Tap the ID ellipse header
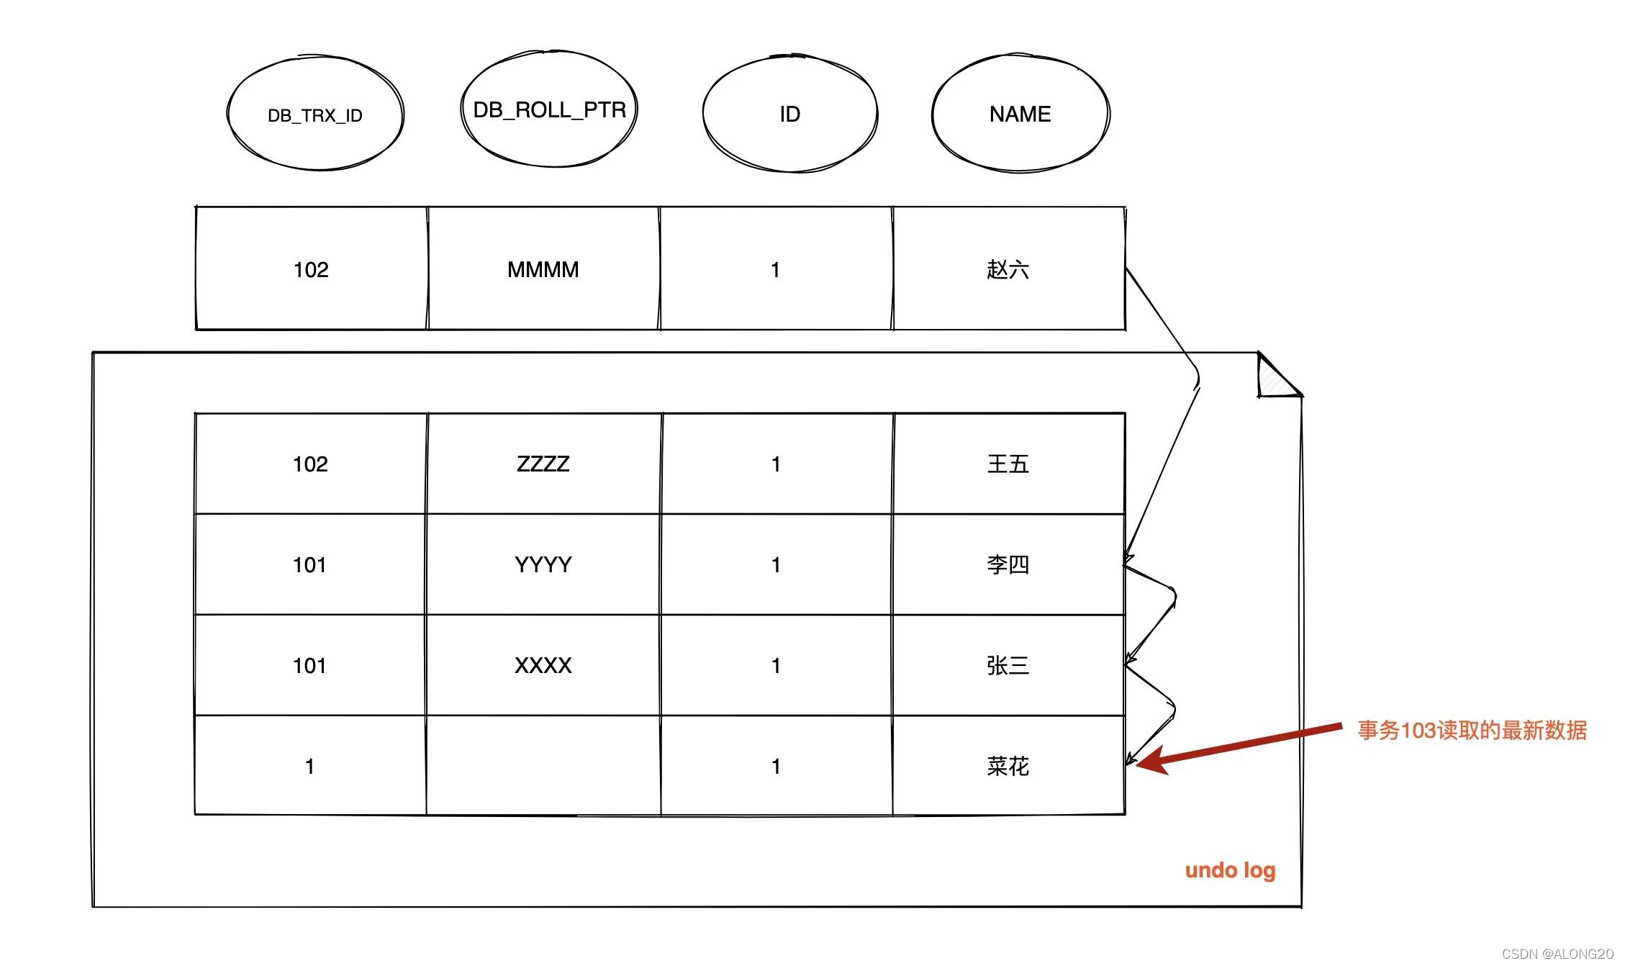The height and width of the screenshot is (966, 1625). coord(789,114)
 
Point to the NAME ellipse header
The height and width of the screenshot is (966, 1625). coord(1020,114)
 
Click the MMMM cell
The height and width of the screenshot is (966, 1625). coord(543,270)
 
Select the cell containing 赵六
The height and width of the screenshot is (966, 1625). coord(1008,270)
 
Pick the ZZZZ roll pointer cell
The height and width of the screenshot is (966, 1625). coord(543,464)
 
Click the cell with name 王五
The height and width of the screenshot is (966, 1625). coord(1008,464)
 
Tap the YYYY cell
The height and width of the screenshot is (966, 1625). coord(543,565)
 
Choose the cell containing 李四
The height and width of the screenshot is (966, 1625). coord(1008,565)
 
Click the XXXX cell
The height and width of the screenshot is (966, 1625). coord(543,666)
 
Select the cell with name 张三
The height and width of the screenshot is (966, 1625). coord(1008,666)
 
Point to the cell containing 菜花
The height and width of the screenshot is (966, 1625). coord(1008,767)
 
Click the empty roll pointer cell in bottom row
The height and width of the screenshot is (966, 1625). coord(543,767)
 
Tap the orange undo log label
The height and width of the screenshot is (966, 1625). coord(1230,871)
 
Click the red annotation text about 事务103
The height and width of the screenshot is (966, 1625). coord(1472,731)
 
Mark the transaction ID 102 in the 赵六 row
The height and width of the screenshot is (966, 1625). coord(311,270)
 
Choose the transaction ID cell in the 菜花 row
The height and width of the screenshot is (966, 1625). coord(309,767)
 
